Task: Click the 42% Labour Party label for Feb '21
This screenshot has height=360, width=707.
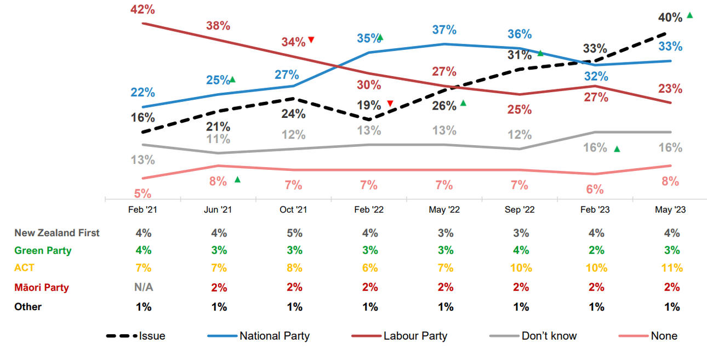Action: pos(143,9)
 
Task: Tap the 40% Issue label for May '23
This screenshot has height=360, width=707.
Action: pos(670,18)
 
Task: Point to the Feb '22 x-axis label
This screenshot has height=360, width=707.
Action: pos(369,210)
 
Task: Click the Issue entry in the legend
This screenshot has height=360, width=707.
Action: pos(152,336)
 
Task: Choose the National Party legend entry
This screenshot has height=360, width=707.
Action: pos(274,336)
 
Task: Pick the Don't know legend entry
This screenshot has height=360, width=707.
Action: pos(549,336)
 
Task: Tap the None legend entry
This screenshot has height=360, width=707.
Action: pos(664,336)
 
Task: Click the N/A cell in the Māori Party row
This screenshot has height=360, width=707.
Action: pos(143,287)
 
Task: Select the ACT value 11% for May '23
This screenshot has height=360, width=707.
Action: pos(671,268)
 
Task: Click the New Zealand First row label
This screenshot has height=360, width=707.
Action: pos(57,233)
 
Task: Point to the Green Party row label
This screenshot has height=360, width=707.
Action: pos(43,250)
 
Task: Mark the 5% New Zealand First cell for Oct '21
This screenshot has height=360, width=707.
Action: pos(294,233)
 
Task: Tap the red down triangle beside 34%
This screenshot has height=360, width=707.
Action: pos(311,39)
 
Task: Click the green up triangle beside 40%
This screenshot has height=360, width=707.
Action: pos(689,15)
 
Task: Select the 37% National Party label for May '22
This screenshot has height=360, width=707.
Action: pos(444,30)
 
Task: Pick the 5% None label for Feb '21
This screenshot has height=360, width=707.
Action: pos(143,193)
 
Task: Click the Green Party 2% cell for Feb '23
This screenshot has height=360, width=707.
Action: pos(596,250)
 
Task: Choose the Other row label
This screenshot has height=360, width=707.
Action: pos(28,307)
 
